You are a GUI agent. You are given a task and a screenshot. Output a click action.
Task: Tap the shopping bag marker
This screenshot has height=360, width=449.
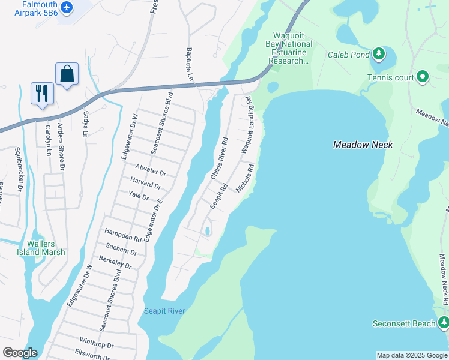[x=67, y=74]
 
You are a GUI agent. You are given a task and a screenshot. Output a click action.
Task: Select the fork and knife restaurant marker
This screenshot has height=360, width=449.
[x=42, y=93]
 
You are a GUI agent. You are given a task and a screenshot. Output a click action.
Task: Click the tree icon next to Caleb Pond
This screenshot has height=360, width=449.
[x=379, y=54]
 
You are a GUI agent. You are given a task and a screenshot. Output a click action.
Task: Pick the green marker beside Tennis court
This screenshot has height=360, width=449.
[x=422, y=77]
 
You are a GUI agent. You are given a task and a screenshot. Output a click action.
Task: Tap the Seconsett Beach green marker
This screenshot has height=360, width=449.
[x=443, y=323]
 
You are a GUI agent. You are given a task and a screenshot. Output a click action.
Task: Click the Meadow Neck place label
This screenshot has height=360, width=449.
[x=363, y=145]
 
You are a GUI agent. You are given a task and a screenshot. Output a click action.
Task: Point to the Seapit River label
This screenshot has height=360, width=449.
[x=164, y=311]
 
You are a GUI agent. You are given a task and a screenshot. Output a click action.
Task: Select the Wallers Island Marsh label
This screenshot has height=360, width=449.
[x=46, y=248]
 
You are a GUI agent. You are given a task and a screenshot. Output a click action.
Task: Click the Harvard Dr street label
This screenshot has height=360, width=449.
[x=145, y=183]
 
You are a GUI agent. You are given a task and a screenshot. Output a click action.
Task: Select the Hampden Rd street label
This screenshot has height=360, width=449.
[x=123, y=235]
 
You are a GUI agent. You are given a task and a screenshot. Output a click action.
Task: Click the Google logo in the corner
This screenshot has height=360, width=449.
[x=19, y=353]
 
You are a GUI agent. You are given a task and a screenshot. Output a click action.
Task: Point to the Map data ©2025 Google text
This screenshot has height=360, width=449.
[x=412, y=356]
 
